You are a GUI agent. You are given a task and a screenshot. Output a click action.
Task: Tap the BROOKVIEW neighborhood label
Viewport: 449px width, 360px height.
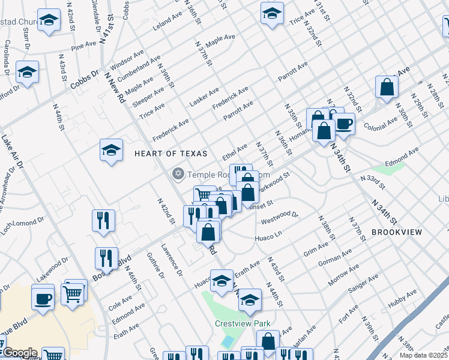[397, 232]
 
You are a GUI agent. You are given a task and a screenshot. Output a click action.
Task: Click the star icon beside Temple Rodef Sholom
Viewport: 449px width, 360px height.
[177, 175]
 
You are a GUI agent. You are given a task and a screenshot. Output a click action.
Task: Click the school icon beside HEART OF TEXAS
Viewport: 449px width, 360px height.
[112, 151]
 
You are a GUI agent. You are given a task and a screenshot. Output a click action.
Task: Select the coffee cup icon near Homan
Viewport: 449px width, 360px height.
[343, 123]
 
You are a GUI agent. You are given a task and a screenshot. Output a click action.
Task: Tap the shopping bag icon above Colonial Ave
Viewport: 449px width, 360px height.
[387, 86]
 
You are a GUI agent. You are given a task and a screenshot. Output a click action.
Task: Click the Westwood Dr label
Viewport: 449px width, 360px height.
[280, 217]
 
